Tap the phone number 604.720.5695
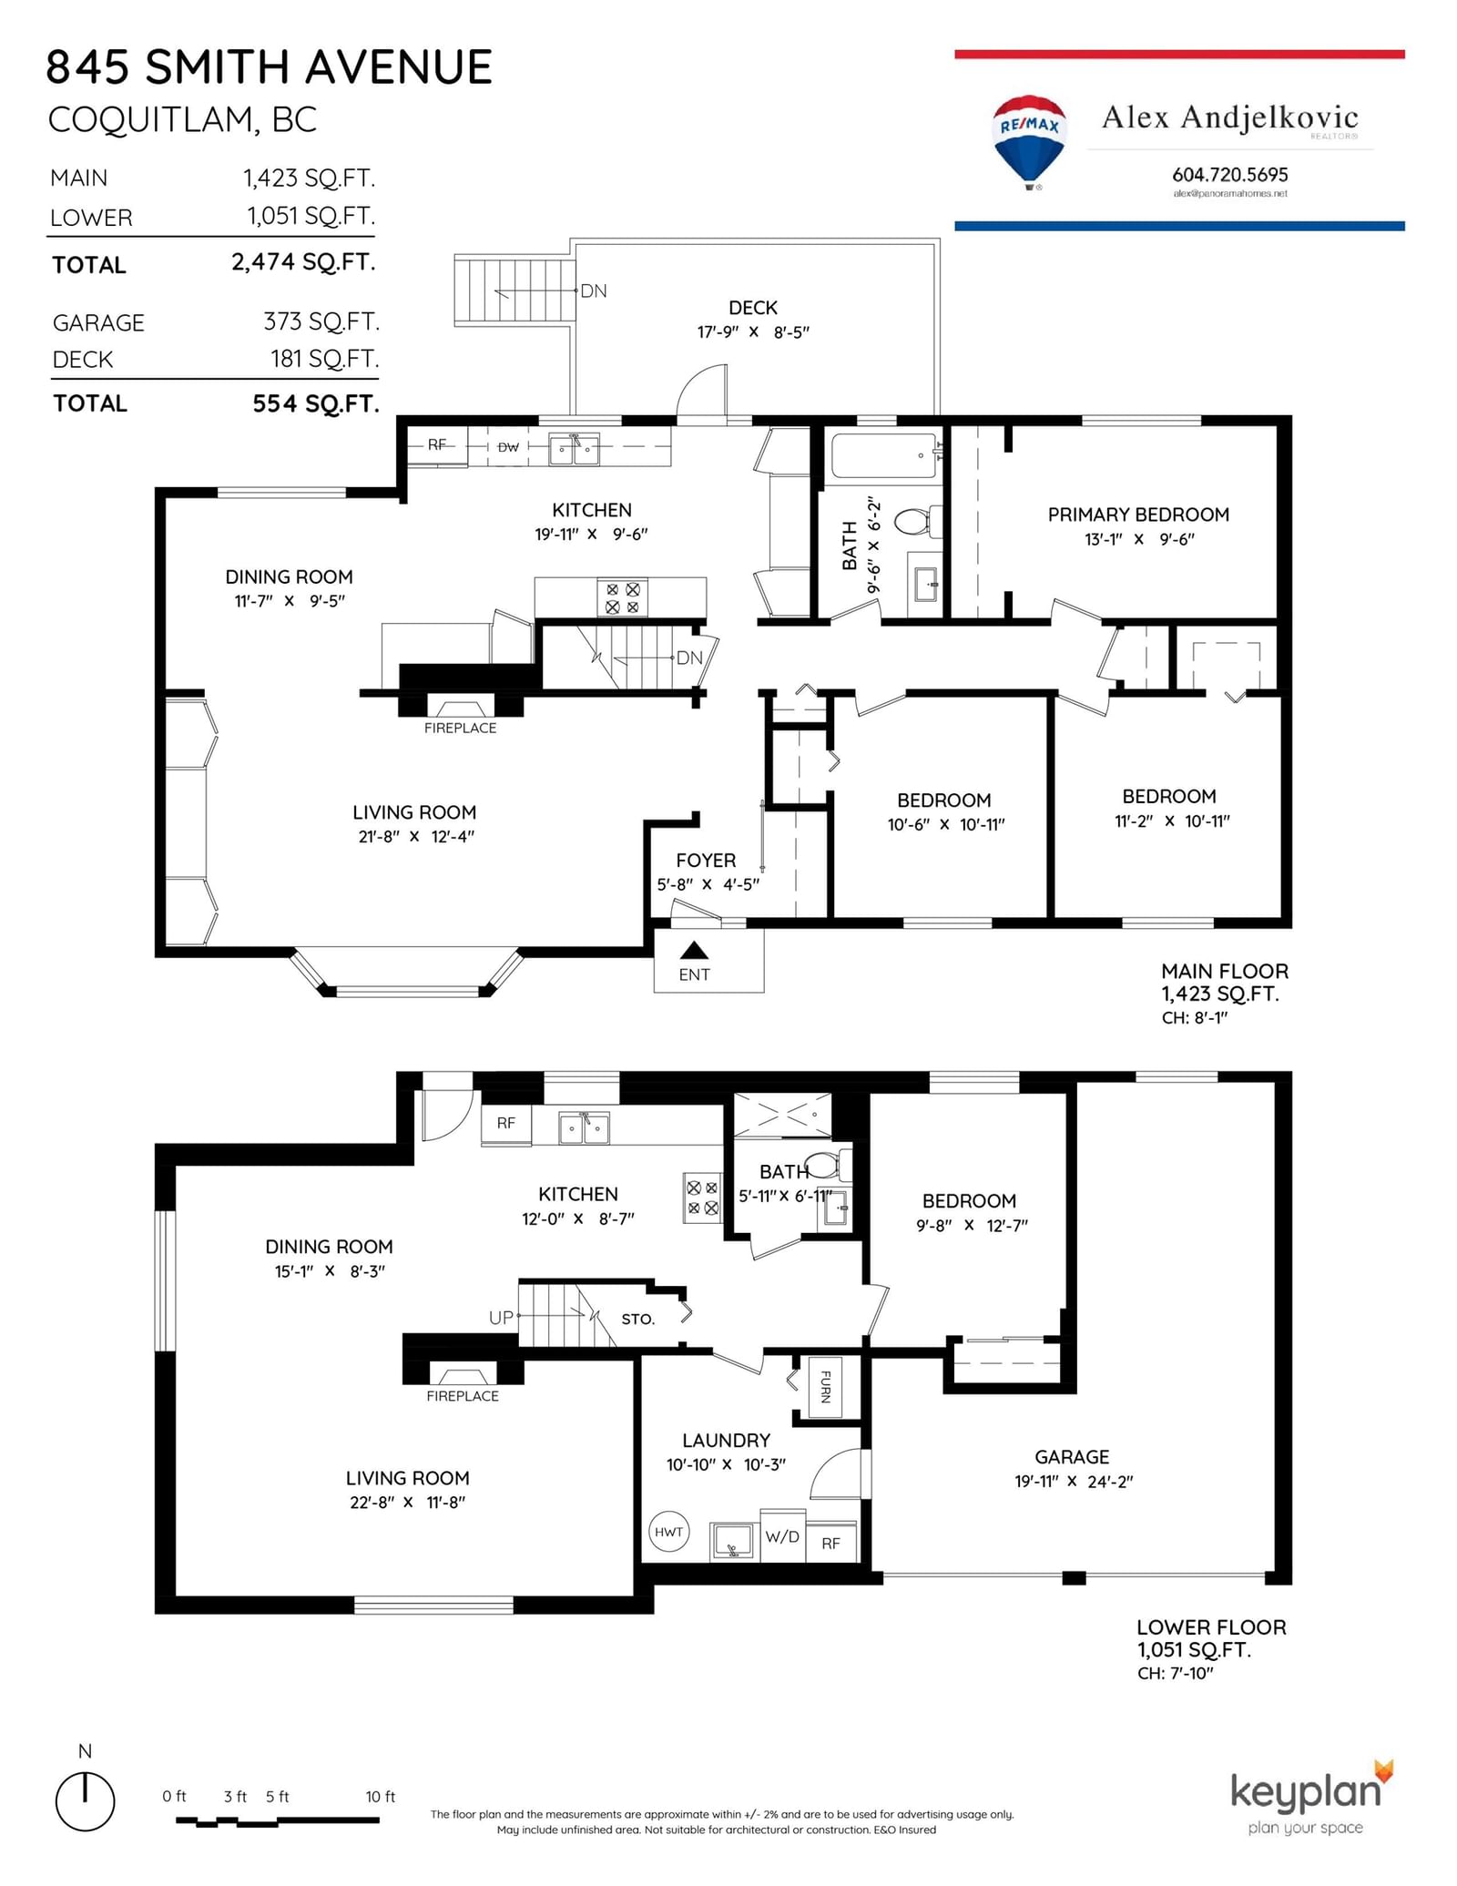(x=1229, y=174)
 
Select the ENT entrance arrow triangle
(x=694, y=951)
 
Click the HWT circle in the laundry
(x=668, y=1532)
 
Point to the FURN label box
(x=825, y=1387)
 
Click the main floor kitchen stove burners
(x=623, y=598)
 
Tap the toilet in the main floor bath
(x=912, y=522)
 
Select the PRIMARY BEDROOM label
(x=1138, y=515)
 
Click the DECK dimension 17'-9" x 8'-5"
(x=753, y=332)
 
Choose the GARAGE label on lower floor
(x=1072, y=1457)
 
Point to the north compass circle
(x=86, y=1800)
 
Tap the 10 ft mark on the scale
(x=380, y=1797)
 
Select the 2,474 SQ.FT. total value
(x=303, y=262)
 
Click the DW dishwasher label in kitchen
(x=508, y=447)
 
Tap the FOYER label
(x=706, y=861)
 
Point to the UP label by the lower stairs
(x=501, y=1317)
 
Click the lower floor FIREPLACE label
(x=463, y=1396)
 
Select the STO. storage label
(x=638, y=1319)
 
